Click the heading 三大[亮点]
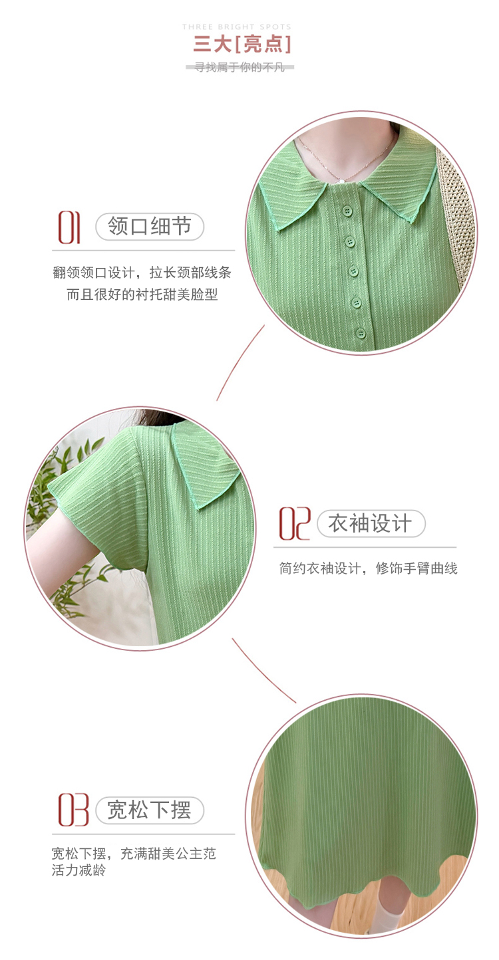coord(242,44)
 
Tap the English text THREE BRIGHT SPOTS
coord(237,27)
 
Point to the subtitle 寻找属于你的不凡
coord(240,67)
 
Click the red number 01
coord(69,227)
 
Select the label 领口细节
coord(149,226)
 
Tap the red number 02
coord(294,523)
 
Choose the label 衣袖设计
coord(371,523)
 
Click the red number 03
coord(73,810)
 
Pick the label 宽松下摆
coord(149,810)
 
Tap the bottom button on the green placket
coord(361,334)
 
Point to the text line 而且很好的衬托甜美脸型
coord(142,295)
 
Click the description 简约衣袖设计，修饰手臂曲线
coord(368,568)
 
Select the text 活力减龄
coord(79,870)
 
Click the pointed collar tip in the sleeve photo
coord(198,509)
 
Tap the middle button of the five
coord(353,271)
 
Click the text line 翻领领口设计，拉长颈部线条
coord(142,272)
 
